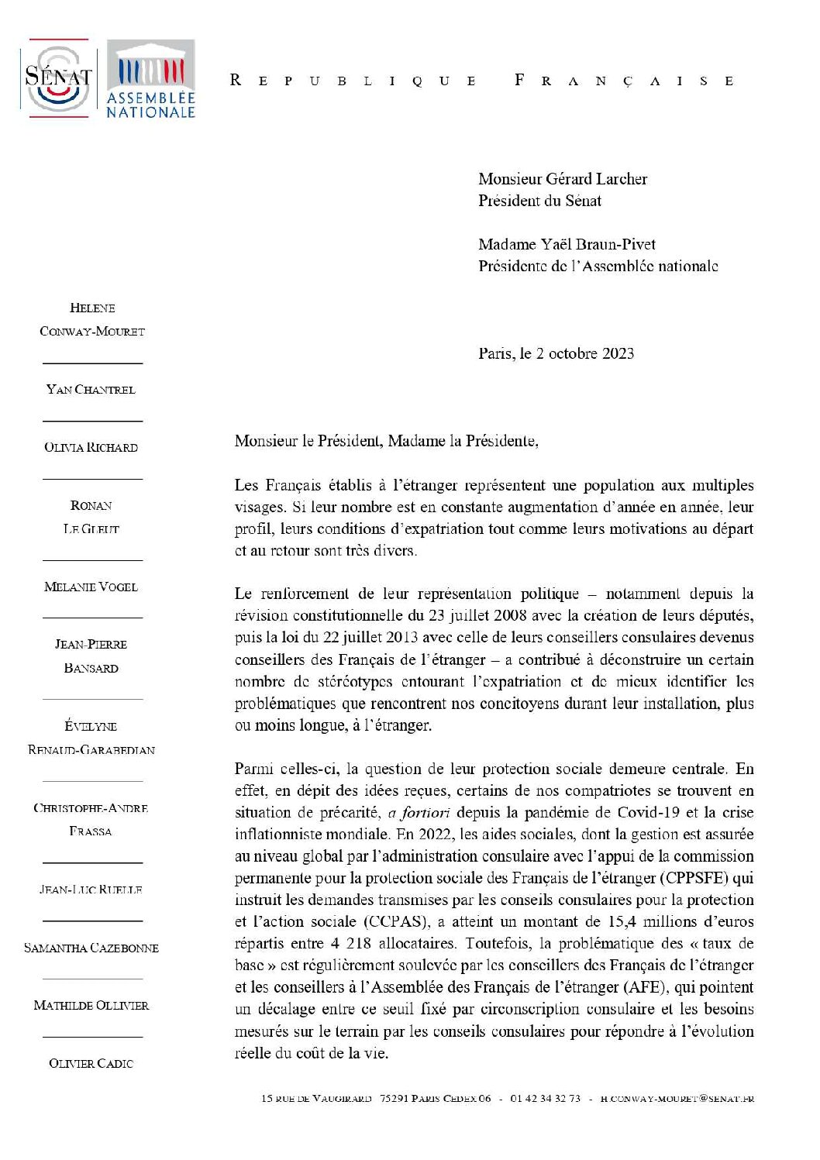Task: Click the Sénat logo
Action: point(58,78)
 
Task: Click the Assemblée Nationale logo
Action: point(151,80)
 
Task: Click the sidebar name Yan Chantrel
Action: point(91,390)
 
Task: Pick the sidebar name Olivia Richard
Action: point(91,448)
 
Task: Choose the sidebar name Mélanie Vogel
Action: point(91,587)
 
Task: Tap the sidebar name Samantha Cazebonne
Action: point(91,948)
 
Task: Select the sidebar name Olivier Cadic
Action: point(91,1063)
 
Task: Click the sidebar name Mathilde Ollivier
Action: point(91,1005)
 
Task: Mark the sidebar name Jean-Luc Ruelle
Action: point(91,890)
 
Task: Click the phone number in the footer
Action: point(545,1098)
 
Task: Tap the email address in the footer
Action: point(677,1098)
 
